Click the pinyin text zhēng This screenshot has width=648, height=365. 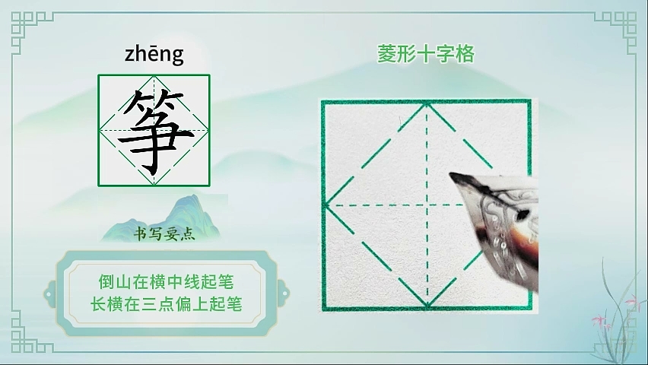pyautogui.click(x=154, y=55)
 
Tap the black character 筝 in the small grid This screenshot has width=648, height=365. pyautogui.click(x=154, y=132)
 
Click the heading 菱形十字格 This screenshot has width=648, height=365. pyautogui.click(x=426, y=54)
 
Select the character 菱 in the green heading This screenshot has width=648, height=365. pyautogui.click(x=386, y=54)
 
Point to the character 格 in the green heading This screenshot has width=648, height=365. pyautogui.click(x=465, y=54)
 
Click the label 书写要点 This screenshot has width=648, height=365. pyautogui.click(x=164, y=234)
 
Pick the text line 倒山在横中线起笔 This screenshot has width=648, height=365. pyautogui.click(x=166, y=282)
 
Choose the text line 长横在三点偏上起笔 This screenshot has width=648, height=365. pyautogui.click(x=166, y=304)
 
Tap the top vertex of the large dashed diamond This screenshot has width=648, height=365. pyautogui.click(x=427, y=104)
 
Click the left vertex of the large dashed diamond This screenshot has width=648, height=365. pyautogui.click(x=326, y=205)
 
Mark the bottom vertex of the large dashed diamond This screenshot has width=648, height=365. pyautogui.click(x=427, y=306)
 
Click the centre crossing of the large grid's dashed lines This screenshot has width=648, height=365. pyautogui.click(x=427, y=205)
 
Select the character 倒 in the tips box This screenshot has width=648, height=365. pyautogui.click(x=106, y=282)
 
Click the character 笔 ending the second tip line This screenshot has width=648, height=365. pyautogui.click(x=234, y=304)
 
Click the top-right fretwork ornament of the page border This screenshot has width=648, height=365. pyautogui.click(x=616, y=32)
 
